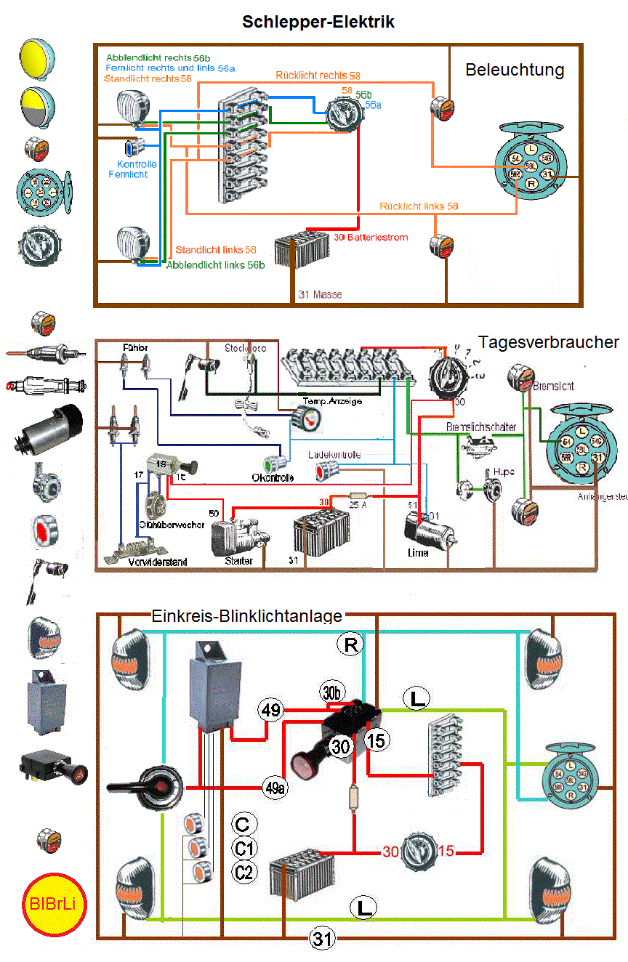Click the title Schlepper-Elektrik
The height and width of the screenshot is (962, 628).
[x=318, y=23]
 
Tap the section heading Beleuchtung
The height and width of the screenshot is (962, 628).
[x=515, y=70]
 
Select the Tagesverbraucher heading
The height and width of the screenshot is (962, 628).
[x=549, y=342]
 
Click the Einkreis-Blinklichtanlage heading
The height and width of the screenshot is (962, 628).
[x=246, y=616]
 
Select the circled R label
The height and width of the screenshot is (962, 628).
[x=350, y=644]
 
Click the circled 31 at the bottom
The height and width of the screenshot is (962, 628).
[x=322, y=939]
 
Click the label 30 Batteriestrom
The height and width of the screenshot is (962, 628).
[x=371, y=238]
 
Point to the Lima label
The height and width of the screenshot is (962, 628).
[x=418, y=552]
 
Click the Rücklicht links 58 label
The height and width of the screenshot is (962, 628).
[x=419, y=206]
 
